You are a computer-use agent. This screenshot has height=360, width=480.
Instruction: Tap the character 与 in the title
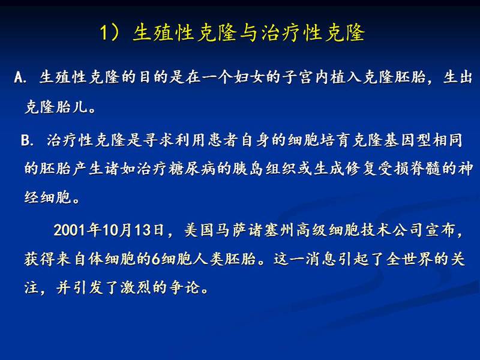tap(248, 32)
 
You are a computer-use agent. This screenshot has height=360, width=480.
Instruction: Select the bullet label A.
tap(20, 78)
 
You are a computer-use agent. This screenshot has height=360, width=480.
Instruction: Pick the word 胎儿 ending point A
tap(72, 107)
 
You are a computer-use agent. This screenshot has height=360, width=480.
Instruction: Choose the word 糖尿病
tap(192, 169)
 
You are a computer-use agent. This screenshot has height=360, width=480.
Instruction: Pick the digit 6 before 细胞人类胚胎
tap(156, 259)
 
